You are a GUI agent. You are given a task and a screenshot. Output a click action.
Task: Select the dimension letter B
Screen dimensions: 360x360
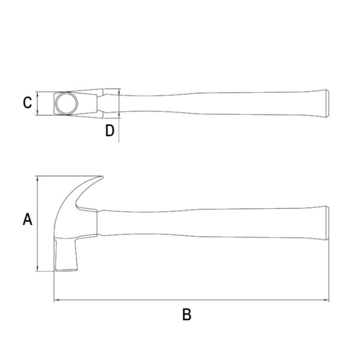[x=187, y=315]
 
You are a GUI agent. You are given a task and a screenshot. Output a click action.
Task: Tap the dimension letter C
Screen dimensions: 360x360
[x=27, y=103]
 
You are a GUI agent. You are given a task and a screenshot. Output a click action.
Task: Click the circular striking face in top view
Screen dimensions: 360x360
[x=66, y=104]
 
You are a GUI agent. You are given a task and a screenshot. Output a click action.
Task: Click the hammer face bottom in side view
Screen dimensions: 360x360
[x=66, y=270]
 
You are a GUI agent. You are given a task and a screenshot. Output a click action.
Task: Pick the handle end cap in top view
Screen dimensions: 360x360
[x=327, y=104]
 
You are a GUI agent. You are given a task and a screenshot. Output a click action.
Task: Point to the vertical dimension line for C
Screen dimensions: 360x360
[x=37, y=104]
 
